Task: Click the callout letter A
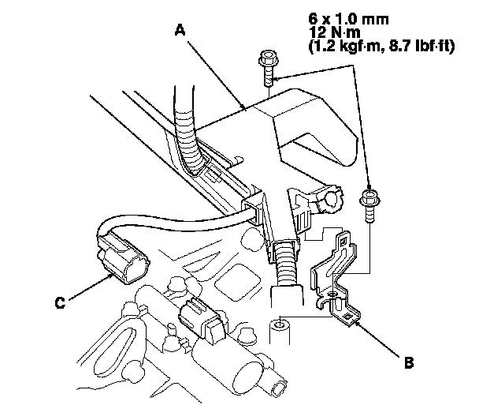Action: (x=180, y=31)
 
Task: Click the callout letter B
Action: (x=409, y=362)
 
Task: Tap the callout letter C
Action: (x=60, y=302)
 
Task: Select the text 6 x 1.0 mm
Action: (x=348, y=19)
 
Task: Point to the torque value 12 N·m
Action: (x=335, y=32)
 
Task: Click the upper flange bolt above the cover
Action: (x=269, y=69)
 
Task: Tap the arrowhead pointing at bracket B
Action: (x=357, y=322)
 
